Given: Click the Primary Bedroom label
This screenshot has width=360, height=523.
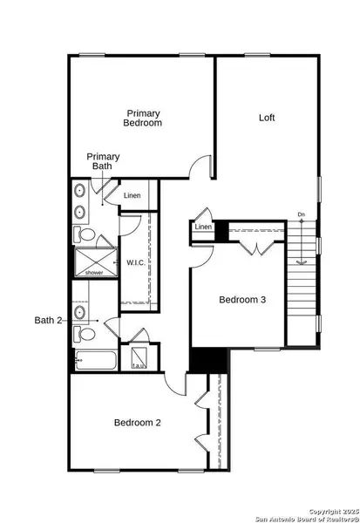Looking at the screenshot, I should click(x=144, y=119).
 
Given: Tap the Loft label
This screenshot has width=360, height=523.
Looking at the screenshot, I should click(x=268, y=118).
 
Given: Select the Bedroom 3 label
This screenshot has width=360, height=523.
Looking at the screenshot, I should click(x=243, y=300).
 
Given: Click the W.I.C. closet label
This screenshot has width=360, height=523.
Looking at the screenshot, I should click(x=135, y=261).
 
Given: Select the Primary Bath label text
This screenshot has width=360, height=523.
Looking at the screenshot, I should click(x=103, y=161).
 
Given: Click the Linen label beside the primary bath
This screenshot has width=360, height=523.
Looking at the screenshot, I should click(x=132, y=195).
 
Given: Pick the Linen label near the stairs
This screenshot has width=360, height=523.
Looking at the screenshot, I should click(x=203, y=228).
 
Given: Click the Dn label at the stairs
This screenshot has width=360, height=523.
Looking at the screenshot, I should click(x=301, y=214).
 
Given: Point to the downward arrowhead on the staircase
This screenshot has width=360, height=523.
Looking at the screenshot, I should click(x=301, y=261).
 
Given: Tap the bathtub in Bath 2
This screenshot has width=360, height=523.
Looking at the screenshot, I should click(x=93, y=358).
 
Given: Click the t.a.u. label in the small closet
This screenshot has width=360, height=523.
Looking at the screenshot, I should click(x=138, y=366).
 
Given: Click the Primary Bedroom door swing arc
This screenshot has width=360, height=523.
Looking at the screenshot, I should click(x=203, y=166).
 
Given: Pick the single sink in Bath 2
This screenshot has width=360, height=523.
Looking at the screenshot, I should click(x=80, y=310).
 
